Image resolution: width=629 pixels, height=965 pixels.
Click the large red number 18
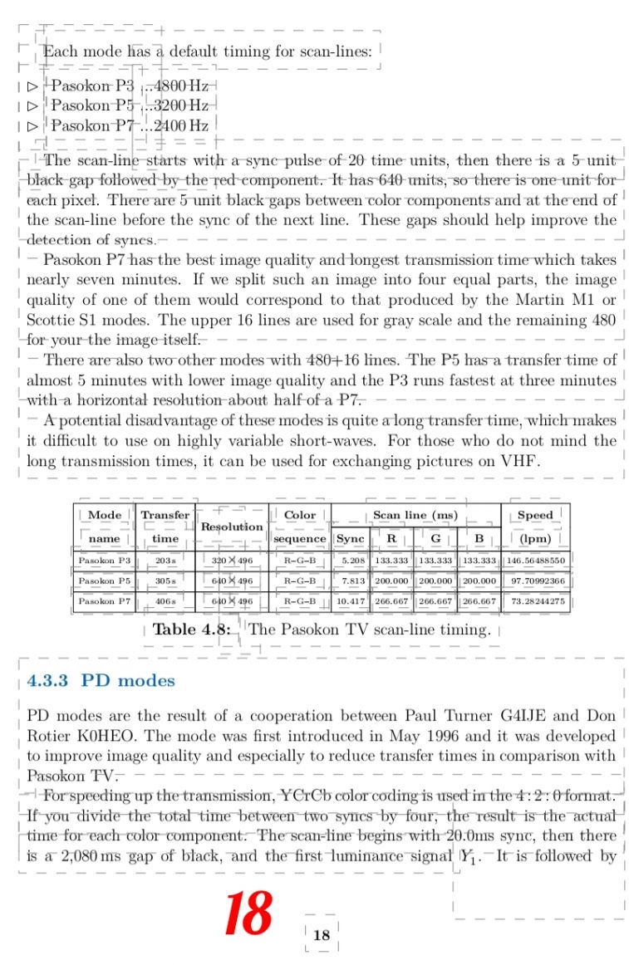pyautogui.click(x=248, y=913)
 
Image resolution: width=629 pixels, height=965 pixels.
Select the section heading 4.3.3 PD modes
pyautogui.click(x=101, y=681)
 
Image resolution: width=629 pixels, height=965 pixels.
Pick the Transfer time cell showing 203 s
pyautogui.click(x=165, y=561)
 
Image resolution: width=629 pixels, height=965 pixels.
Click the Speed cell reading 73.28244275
pyautogui.click(x=535, y=600)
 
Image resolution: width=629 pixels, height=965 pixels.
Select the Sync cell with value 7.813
pyautogui.click(x=350, y=580)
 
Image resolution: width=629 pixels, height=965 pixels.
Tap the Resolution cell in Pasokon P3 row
pyautogui.click(x=232, y=561)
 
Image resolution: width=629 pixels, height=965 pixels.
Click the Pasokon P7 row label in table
pyautogui.click(x=104, y=600)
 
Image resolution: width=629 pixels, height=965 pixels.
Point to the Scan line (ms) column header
pyautogui.click(x=415, y=515)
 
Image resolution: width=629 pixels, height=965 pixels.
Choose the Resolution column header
pyautogui.click(x=232, y=527)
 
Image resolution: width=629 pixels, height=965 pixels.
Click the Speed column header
pyautogui.click(x=535, y=515)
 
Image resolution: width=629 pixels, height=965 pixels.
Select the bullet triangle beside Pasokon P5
pyautogui.click(x=32, y=106)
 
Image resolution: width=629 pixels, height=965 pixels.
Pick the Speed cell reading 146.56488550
pyautogui.click(x=535, y=561)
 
